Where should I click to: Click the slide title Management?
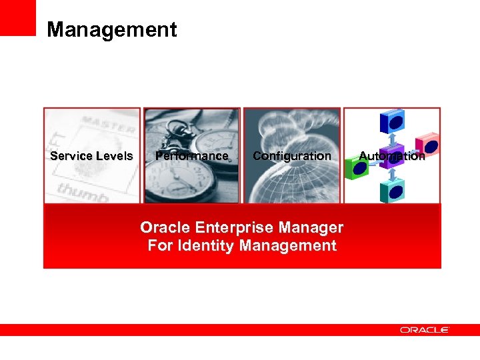coord(112,30)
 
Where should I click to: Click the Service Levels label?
coord(91,156)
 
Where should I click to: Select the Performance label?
coord(191,156)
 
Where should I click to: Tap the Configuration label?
coord(291,156)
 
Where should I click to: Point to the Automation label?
coord(391,156)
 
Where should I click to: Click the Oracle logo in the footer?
coord(425,329)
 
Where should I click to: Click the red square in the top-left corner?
coord(17,17)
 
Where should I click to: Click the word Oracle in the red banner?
coord(160,228)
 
